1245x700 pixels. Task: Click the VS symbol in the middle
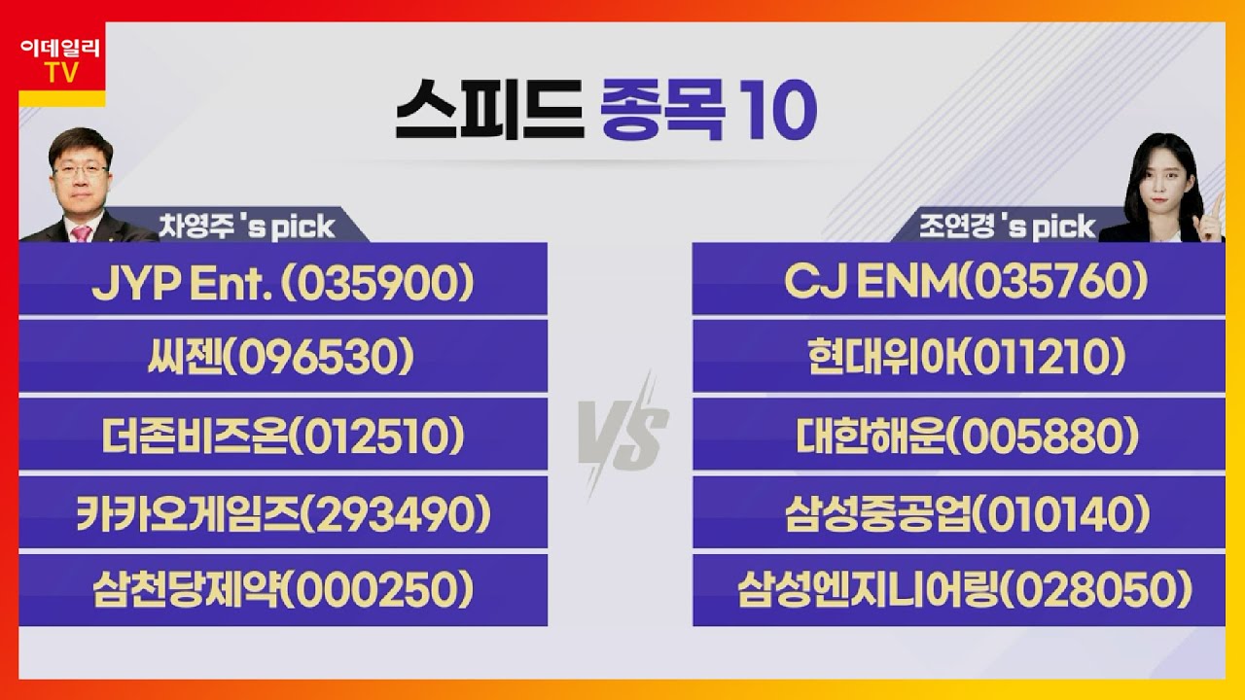click(622, 433)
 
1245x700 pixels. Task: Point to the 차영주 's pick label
click(247, 227)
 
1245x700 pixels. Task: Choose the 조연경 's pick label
click(1008, 227)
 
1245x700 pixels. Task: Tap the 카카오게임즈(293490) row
click(283, 514)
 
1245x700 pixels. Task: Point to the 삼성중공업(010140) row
click(958, 514)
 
